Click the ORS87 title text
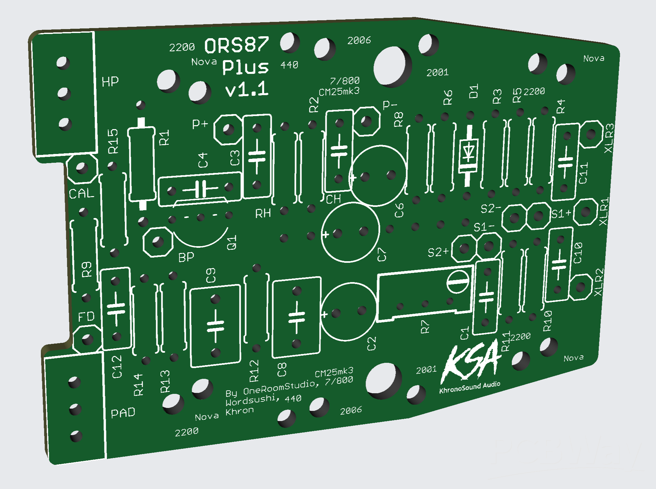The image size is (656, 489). [x=237, y=45]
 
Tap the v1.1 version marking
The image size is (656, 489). [x=247, y=89]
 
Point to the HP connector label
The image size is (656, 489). [x=110, y=82]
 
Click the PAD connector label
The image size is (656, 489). [x=123, y=413]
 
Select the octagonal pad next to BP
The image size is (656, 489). [x=158, y=242]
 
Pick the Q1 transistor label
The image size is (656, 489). [x=232, y=243]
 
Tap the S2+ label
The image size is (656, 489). [x=438, y=252]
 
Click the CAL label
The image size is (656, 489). [x=81, y=194]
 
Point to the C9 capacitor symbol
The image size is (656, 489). [x=215, y=326]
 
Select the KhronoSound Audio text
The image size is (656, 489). [x=469, y=387]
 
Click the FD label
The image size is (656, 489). [x=86, y=316]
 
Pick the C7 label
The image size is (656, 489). [x=382, y=255]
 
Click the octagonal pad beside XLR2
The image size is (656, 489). [x=580, y=287]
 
